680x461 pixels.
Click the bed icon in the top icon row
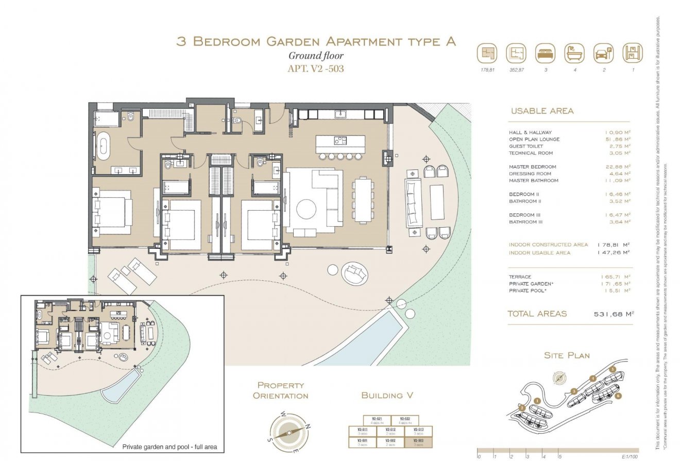(545, 53)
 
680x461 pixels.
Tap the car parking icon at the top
(604, 53)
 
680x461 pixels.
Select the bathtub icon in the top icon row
(574, 53)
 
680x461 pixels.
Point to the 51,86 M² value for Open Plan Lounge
(618, 140)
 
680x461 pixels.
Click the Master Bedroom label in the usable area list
(532, 167)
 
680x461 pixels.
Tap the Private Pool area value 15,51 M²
(618, 291)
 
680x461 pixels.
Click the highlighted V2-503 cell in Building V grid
(418, 442)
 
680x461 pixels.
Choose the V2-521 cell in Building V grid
(377, 420)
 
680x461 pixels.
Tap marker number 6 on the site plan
(618, 396)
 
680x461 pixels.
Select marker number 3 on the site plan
(573, 391)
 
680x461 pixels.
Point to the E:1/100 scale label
(630, 456)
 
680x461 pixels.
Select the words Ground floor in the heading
(315, 56)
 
